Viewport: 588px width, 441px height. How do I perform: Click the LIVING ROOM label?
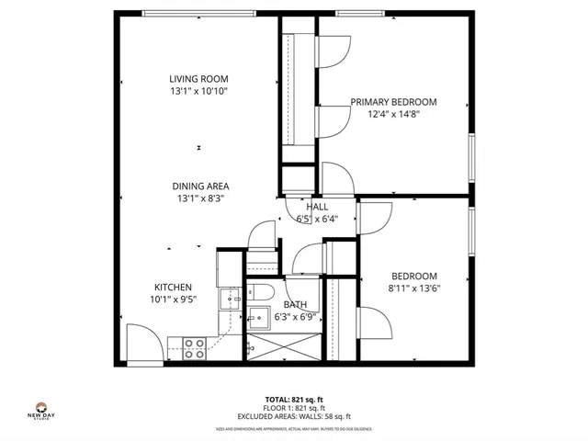[198, 79]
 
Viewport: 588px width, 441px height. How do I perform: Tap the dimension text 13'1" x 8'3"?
[199, 198]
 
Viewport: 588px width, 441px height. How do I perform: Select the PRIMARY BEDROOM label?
[393, 102]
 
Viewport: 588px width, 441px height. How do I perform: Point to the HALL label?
[317, 207]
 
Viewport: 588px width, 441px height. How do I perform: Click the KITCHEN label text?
[173, 286]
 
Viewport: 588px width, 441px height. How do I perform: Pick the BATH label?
[295, 304]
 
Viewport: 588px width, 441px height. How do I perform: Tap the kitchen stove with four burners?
[194, 346]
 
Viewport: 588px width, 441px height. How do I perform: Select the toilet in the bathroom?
[258, 294]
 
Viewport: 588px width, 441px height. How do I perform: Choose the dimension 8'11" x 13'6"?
[414, 288]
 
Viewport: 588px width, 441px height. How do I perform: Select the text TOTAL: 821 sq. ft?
[294, 400]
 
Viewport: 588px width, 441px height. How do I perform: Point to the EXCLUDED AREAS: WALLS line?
[294, 416]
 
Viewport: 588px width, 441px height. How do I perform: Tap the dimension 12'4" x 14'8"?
[393, 114]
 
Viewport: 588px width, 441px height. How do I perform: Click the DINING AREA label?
[199, 186]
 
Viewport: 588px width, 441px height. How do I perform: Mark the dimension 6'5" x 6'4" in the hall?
[317, 219]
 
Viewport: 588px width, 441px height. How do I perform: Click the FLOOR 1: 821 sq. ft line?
[294, 408]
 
